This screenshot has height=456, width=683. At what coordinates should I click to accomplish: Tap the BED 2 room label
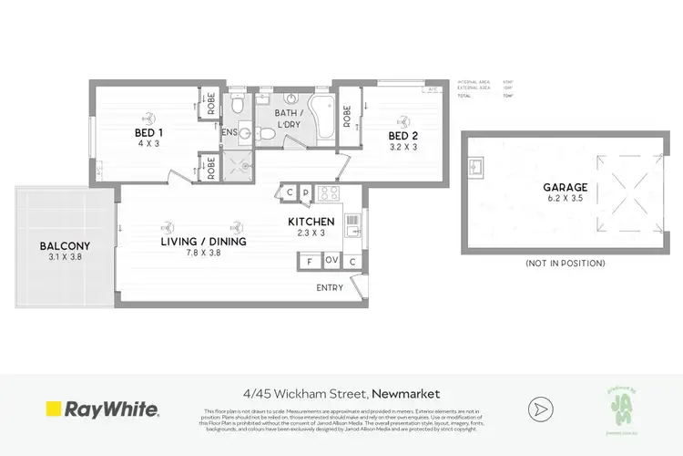403,132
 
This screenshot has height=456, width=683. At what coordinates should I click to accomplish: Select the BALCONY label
64,245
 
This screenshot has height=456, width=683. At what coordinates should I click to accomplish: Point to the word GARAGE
565,187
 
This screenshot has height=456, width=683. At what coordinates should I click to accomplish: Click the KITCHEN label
311,222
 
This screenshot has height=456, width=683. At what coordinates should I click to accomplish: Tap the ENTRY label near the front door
330,288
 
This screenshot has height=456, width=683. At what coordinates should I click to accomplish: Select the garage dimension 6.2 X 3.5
565,199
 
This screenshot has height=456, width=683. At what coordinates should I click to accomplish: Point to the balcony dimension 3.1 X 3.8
64,258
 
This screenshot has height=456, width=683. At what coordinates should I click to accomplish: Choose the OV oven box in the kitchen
331,261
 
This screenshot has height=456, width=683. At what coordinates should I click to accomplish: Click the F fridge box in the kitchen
310,261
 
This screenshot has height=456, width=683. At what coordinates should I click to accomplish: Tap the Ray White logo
102,410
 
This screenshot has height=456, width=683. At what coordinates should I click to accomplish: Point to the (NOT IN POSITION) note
565,263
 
